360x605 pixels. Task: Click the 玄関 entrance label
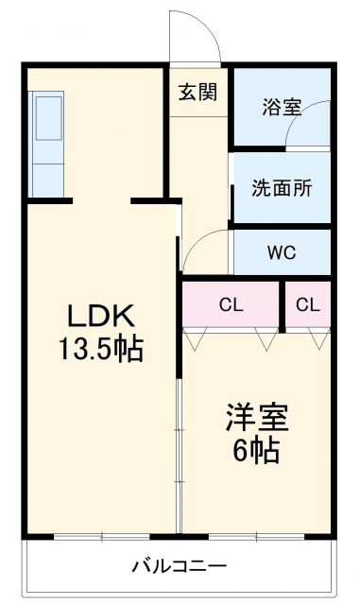click(198, 93)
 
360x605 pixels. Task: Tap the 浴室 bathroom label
click(282, 107)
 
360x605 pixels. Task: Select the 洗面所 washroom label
click(282, 187)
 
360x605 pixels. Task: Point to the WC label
click(282, 253)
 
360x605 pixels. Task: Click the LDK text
click(101, 315)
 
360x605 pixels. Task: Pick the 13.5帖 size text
click(101, 350)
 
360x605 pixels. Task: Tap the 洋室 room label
click(257, 417)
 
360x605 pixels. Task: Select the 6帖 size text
click(257, 451)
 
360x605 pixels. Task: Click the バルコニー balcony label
click(179, 566)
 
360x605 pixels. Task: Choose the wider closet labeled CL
click(231, 304)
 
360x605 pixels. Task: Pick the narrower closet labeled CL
click(307, 304)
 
